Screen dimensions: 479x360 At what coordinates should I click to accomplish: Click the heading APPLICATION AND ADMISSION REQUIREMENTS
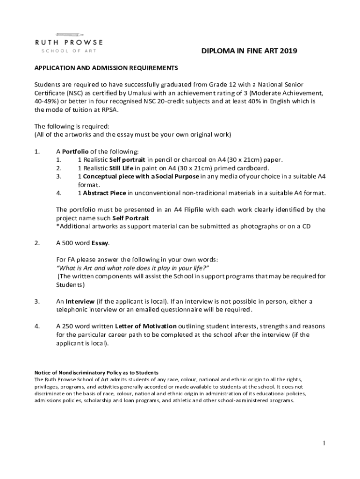point(106,68)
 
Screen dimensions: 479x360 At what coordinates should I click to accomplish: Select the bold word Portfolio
point(76,152)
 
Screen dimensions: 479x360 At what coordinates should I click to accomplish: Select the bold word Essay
point(100,243)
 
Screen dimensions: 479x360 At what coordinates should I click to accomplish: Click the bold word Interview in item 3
point(80,301)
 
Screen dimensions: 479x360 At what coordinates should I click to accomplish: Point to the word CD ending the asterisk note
point(306,226)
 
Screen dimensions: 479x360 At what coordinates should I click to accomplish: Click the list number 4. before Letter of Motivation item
point(37,326)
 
